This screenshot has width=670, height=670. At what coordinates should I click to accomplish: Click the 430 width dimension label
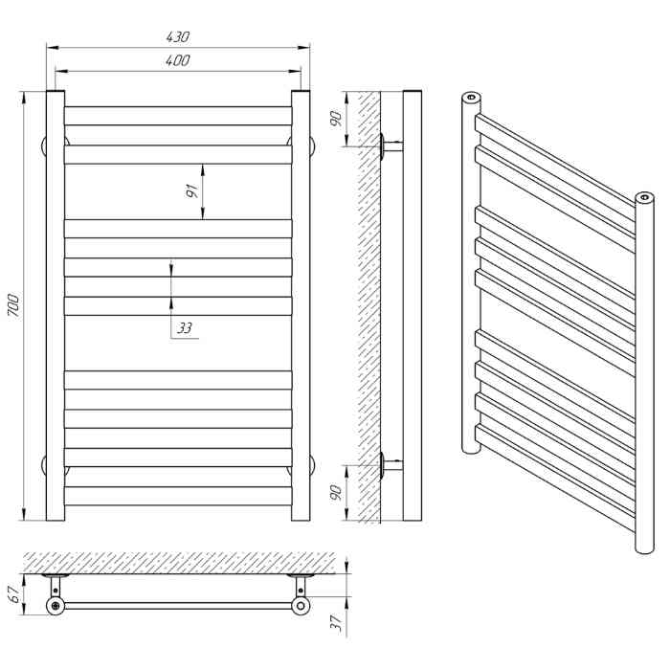pyautogui.click(x=178, y=37)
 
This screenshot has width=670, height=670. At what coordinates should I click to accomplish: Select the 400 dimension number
pyautogui.click(x=178, y=60)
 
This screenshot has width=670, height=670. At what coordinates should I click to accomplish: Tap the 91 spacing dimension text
pyautogui.click(x=192, y=190)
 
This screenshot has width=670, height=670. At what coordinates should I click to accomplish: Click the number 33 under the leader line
pyautogui.click(x=185, y=328)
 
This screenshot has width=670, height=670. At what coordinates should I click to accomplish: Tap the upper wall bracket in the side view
pyautogui.click(x=390, y=146)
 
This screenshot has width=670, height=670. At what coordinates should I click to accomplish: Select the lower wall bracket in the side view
pyautogui.click(x=390, y=466)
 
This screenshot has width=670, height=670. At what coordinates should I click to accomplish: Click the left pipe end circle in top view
pyautogui.click(x=56, y=606)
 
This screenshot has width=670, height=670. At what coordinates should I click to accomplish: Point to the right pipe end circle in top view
pyautogui.click(x=302, y=606)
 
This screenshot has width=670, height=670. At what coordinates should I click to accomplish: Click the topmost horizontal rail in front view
pyautogui.click(x=178, y=115)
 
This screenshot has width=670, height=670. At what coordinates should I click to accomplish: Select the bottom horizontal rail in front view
pyautogui.click(x=178, y=495)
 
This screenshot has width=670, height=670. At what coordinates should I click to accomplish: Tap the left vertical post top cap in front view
pyautogui.click(x=56, y=93)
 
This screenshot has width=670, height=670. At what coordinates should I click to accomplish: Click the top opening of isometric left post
pyautogui.click(x=470, y=99)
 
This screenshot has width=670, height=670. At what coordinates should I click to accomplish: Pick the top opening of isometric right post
pyautogui.click(x=643, y=198)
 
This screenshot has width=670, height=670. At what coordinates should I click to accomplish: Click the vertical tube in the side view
pyautogui.click(x=413, y=306)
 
